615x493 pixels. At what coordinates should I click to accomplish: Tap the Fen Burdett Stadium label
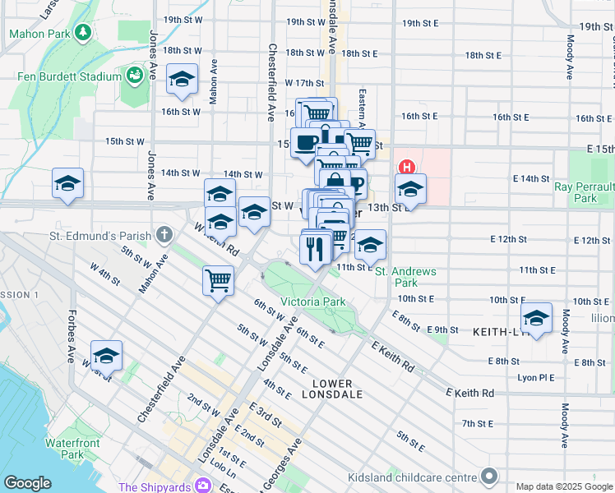(x=70, y=76)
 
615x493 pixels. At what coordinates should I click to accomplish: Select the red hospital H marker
(x=405, y=168)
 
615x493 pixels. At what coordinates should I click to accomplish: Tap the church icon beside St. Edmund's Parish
(x=164, y=236)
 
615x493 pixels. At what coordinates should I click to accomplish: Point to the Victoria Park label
(x=312, y=302)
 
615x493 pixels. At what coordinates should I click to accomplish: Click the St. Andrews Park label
(x=405, y=277)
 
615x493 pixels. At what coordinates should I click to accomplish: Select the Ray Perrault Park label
(x=585, y=192)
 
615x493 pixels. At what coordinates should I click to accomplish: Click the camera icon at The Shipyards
(x=202, y=486)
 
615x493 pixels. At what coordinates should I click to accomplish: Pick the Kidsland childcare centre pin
(x=490, y=477)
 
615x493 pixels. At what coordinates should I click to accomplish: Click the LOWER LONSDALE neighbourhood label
(x=331, y=389)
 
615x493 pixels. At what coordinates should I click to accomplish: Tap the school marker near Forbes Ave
(x=106, y=356)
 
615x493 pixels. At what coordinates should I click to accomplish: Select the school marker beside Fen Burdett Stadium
(x=182, y=79)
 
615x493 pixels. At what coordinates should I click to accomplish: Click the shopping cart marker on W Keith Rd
(x=218, y=280)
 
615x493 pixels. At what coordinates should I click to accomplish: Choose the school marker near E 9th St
(x=536, y=318)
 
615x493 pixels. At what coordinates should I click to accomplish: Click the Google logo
(x=27, y=483)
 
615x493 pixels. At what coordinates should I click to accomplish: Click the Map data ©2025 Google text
(x=563, y=486)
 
